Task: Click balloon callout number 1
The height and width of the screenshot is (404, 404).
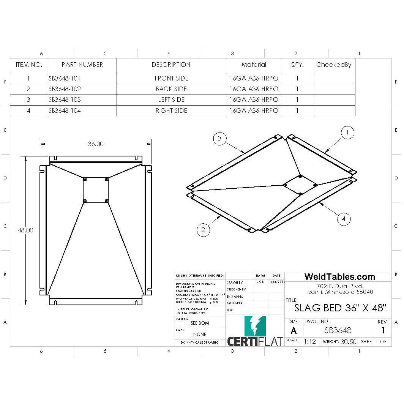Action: click(347, 133)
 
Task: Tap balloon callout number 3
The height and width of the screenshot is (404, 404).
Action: click(219, 139)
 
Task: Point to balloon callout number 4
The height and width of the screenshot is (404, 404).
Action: click(343, 219)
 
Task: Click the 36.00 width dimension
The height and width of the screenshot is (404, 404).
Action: click(95, 144)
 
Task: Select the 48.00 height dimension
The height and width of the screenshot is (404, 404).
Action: click(25, 230)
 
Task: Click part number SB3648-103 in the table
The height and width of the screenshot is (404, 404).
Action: click(65, 100)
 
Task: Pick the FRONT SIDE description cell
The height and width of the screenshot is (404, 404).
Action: click(171, 79)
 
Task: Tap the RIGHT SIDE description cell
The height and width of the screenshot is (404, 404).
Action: click(171, 110)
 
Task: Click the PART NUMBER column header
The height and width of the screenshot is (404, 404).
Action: click(82, 65)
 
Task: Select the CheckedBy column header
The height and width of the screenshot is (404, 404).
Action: click(334, 65)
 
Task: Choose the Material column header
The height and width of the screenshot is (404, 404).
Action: click(254, 65)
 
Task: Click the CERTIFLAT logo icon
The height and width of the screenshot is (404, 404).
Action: click(255, 326)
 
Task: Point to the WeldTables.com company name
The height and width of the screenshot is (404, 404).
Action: click(339, 277)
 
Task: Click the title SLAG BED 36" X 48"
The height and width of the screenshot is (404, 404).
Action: click(340, 308)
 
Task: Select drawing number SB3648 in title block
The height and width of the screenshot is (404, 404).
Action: click(338, 330)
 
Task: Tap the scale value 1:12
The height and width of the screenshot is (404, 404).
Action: click(310, 341)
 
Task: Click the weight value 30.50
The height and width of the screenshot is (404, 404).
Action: click(348, 341)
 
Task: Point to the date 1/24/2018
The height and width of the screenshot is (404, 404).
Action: click(277, 282)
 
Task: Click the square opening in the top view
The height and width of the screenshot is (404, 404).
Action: click(96, 190)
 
